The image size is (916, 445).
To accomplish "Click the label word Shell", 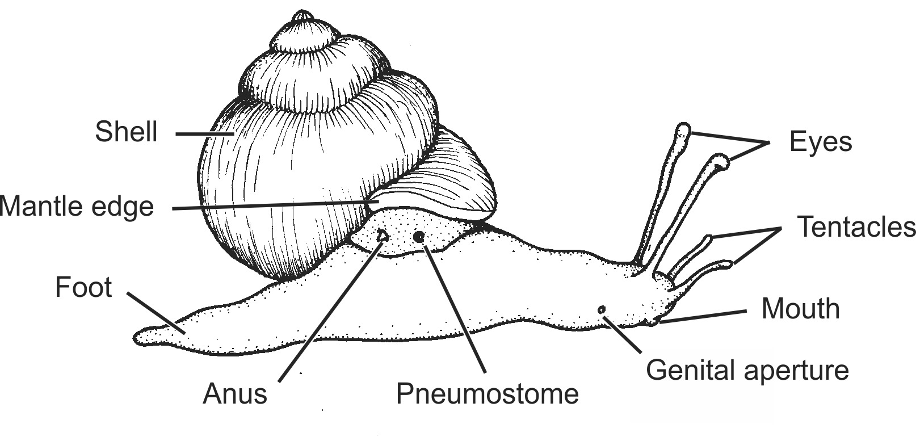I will (126, 132).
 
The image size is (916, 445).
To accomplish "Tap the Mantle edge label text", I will (77, 206).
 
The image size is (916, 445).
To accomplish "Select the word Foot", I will (83, 287).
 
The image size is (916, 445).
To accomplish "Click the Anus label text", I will (234, 393).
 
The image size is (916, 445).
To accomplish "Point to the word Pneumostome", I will (487, 393).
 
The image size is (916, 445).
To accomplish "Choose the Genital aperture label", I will (747, 370).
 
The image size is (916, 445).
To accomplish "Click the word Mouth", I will (800, 308).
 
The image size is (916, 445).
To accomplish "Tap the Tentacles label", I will (856, 226).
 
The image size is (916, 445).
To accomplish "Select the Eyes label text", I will (820, 141).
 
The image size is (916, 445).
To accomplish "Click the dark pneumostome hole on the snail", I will (419, 236).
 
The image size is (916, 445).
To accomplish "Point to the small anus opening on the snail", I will (383, 235).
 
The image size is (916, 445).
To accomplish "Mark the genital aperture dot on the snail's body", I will (601, 309).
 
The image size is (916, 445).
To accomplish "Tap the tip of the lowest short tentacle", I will (728, 264).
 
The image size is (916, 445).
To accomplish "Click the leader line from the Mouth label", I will (704, 316).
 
